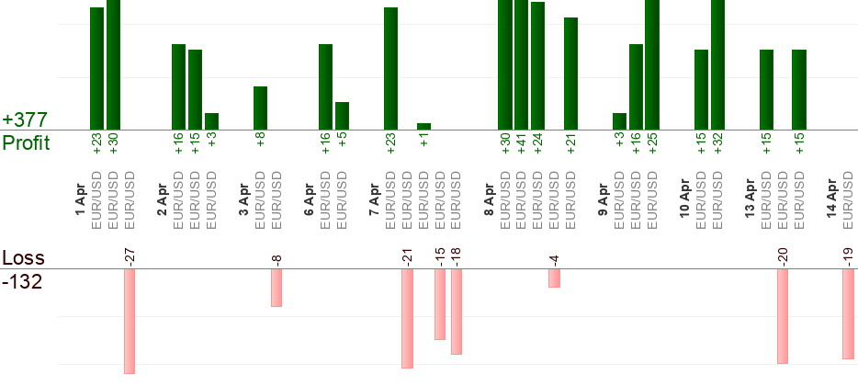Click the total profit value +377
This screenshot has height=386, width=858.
25,120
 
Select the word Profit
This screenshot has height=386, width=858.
27,142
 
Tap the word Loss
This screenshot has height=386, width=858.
23,258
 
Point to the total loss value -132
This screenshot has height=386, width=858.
22,281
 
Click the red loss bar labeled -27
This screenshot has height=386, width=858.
130,321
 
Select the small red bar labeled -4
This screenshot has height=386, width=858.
554,278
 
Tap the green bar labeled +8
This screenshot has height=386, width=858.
260,108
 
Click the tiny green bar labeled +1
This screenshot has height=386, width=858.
423,126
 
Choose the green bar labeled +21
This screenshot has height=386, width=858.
570,73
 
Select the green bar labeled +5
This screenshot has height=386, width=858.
342,115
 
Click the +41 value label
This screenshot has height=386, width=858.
522,145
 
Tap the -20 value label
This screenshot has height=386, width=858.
783,255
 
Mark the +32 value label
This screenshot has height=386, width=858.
717,145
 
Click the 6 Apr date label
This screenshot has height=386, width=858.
309,199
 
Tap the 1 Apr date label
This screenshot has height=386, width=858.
80,199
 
